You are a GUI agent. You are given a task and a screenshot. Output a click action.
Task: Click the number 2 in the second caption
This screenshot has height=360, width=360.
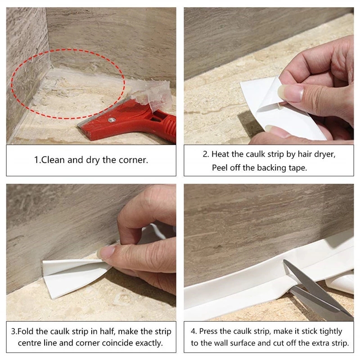click(205, 154)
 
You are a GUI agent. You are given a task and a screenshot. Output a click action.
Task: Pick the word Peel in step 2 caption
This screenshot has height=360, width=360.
click(220, 167)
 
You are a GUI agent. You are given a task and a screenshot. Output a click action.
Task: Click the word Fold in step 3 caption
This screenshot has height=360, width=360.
click(27, 332)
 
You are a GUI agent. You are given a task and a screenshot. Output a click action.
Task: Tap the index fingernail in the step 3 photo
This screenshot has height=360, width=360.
click(108, 252)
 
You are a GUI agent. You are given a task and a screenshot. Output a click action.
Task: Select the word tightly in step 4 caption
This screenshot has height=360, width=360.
click(330, 331)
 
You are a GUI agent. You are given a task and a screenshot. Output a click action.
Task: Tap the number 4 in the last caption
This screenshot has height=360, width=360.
click(193, 331)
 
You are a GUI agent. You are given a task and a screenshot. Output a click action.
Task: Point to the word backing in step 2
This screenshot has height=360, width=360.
click(270, 167)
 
